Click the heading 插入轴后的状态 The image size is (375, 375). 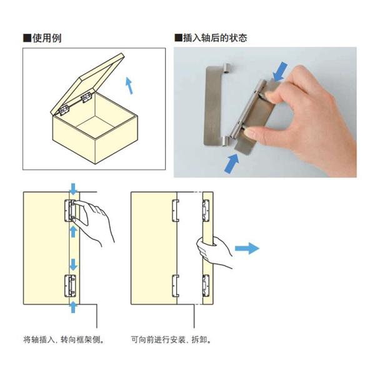click(215, 38)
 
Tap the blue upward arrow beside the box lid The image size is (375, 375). click(129, 85)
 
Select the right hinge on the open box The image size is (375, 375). click(86, 99)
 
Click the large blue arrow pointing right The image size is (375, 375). click(246, 249)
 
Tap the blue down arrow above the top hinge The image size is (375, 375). click(73, 188)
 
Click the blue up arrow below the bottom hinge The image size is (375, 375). click(73, 306)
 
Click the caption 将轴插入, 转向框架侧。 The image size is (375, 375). click(63, 341)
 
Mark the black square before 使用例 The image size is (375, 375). click(27, 38)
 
